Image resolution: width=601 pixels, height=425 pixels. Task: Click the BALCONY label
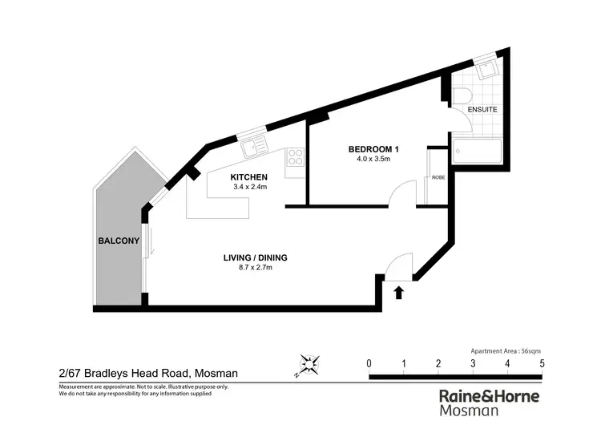[119, 241]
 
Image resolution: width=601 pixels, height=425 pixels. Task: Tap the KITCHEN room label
[248, 177]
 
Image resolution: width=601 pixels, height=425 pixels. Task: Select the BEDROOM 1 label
[373, 148]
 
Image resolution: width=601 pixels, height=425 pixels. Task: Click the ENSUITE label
[483, 109]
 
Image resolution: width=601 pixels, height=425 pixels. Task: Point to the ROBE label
[438, 177]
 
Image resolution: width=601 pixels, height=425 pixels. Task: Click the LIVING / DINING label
[255, 257]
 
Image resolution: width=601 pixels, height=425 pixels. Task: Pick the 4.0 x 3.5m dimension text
[373, 159]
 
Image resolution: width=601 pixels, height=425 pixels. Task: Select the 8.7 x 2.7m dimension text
[255, 268]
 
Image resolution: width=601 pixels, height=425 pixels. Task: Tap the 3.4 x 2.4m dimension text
[248, 188]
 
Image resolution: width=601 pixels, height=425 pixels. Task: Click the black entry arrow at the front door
[399, 293]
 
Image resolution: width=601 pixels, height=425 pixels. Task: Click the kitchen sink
[256, 145]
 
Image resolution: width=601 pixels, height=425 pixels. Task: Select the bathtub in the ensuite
[478, 151]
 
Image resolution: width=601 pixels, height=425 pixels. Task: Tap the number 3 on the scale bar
[473, 364]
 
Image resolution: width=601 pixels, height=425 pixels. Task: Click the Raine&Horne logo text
[490, 396]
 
